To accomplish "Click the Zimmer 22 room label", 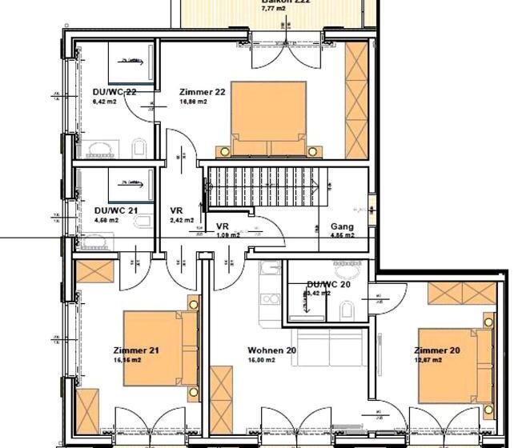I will click(203, 92).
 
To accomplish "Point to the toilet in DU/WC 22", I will click(139, 146).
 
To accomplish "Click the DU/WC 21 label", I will click(116, 210).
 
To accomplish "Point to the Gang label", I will click(342, 226).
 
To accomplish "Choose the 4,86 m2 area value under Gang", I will click(342, 237).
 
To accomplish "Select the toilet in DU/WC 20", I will click(347, 310).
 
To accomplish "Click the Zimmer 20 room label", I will click(436, 350).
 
